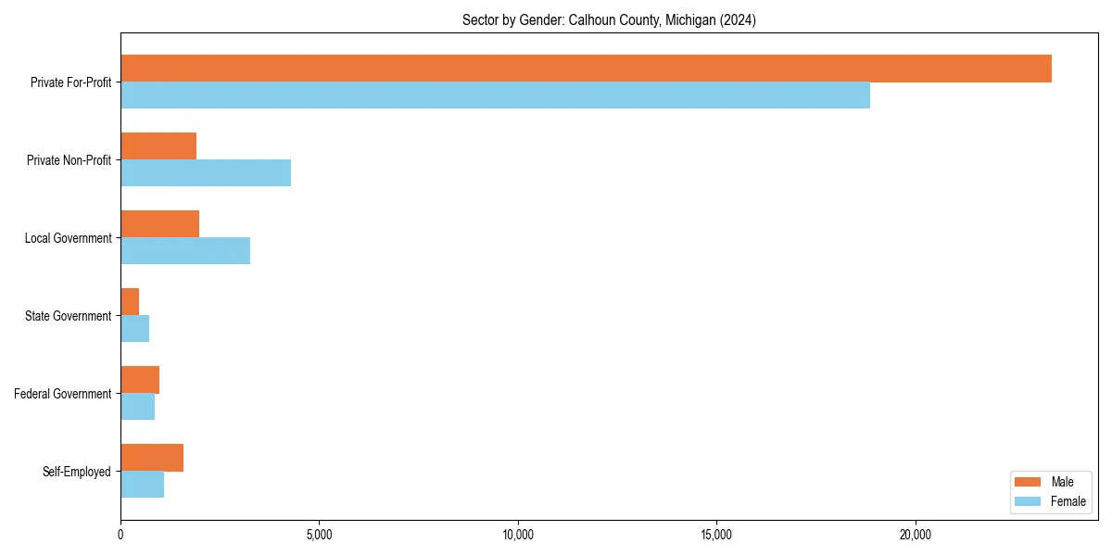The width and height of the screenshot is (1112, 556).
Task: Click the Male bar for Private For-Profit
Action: (x=586, y=69)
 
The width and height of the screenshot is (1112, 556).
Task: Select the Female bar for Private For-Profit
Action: (x=495, y=95)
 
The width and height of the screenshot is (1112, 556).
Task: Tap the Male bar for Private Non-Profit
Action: (x=158, y=146)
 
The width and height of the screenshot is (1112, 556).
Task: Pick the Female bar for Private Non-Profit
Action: (x=206, y=173)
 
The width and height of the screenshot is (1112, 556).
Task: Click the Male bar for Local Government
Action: (x=159, y=224)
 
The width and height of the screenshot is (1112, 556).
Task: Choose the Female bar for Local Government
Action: (x=185, y=251)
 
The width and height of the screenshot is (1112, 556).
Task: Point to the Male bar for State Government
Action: (x=130, y=302)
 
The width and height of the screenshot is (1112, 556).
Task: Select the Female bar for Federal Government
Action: (x=137, y=407)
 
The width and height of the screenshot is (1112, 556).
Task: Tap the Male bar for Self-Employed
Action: (x=152, y=458)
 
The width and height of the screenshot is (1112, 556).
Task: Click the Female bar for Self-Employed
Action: (x=142, y=485)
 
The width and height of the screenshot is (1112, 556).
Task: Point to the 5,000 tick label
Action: (x=319, y=535)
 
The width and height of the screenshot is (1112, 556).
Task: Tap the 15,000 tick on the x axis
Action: (x=716, y=535)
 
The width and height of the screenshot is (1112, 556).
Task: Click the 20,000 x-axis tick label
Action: (x=916, y=535)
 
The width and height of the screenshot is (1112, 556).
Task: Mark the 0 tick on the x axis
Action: (x=120, y=535)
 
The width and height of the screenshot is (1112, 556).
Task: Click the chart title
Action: (x=609, y=20)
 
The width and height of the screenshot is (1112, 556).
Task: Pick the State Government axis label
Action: (x=69, y=316)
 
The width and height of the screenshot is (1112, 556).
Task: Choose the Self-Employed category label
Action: (x=76, y=472)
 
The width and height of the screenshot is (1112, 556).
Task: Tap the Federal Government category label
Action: (x=63, y=394)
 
